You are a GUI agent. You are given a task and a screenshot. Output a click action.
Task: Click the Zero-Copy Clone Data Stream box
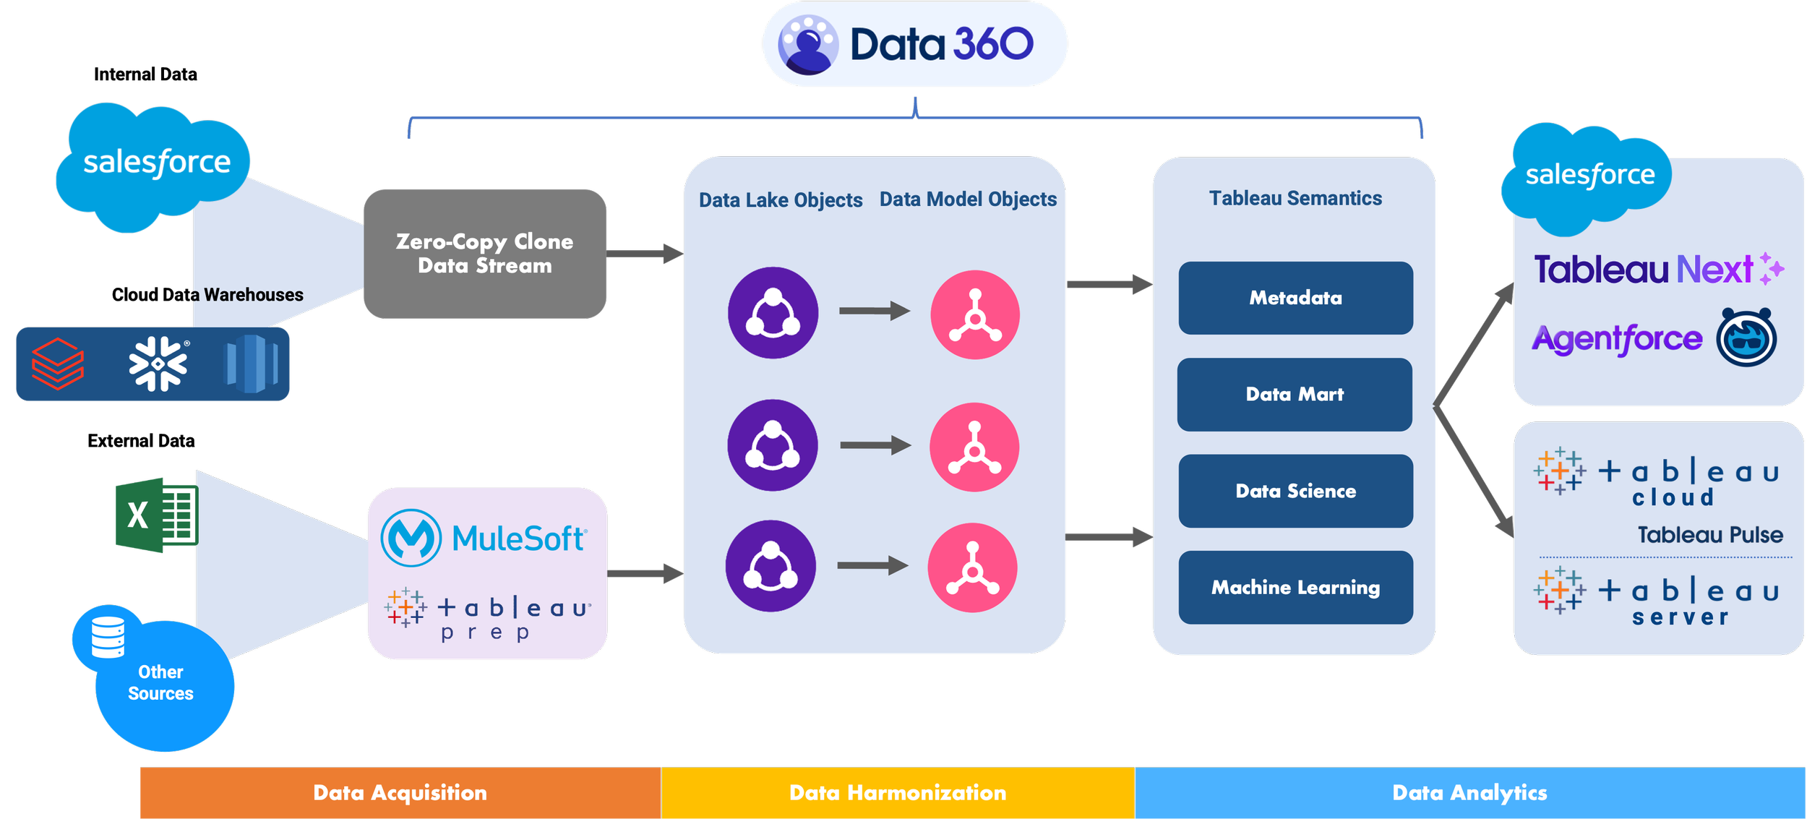[x=485, y=254]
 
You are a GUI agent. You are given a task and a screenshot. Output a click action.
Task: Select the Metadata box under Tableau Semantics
[x=1295, y=298]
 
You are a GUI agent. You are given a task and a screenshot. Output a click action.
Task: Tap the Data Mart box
[x=1295, y=395]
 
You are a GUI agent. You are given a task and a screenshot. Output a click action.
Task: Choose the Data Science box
[x=1295, y=491]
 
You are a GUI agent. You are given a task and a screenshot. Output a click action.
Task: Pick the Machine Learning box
[x=1295, y=588]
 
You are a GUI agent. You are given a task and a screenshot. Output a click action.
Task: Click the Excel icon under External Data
[x=157, y=515]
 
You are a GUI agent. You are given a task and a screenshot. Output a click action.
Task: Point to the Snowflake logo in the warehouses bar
[x=158, y=364]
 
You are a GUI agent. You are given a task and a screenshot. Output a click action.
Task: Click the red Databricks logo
[x=58, y=364]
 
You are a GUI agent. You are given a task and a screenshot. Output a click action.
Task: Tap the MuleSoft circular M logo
[x=411, y=538]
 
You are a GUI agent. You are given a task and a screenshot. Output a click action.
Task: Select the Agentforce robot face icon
[x=1746, y=338]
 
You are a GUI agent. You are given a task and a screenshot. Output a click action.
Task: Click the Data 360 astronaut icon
[x=808, y=45]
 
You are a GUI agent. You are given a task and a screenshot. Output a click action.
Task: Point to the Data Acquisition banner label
[x=400, y=792]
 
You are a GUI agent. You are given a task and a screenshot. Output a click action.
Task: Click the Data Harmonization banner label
[x=898, y=792]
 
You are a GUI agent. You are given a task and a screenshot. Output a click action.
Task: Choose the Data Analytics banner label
[x=1469, y=792]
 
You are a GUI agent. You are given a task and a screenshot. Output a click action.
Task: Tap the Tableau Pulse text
[x=1710, y=535]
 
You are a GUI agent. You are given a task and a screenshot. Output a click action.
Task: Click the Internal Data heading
[x=145, y=74]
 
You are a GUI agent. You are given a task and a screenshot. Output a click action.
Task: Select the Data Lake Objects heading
[x=781, y=200]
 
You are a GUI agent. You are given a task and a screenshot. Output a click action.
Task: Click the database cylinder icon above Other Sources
[x=108, y=637]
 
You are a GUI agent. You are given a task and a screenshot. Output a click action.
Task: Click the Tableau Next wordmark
[x=1643, y=270]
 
